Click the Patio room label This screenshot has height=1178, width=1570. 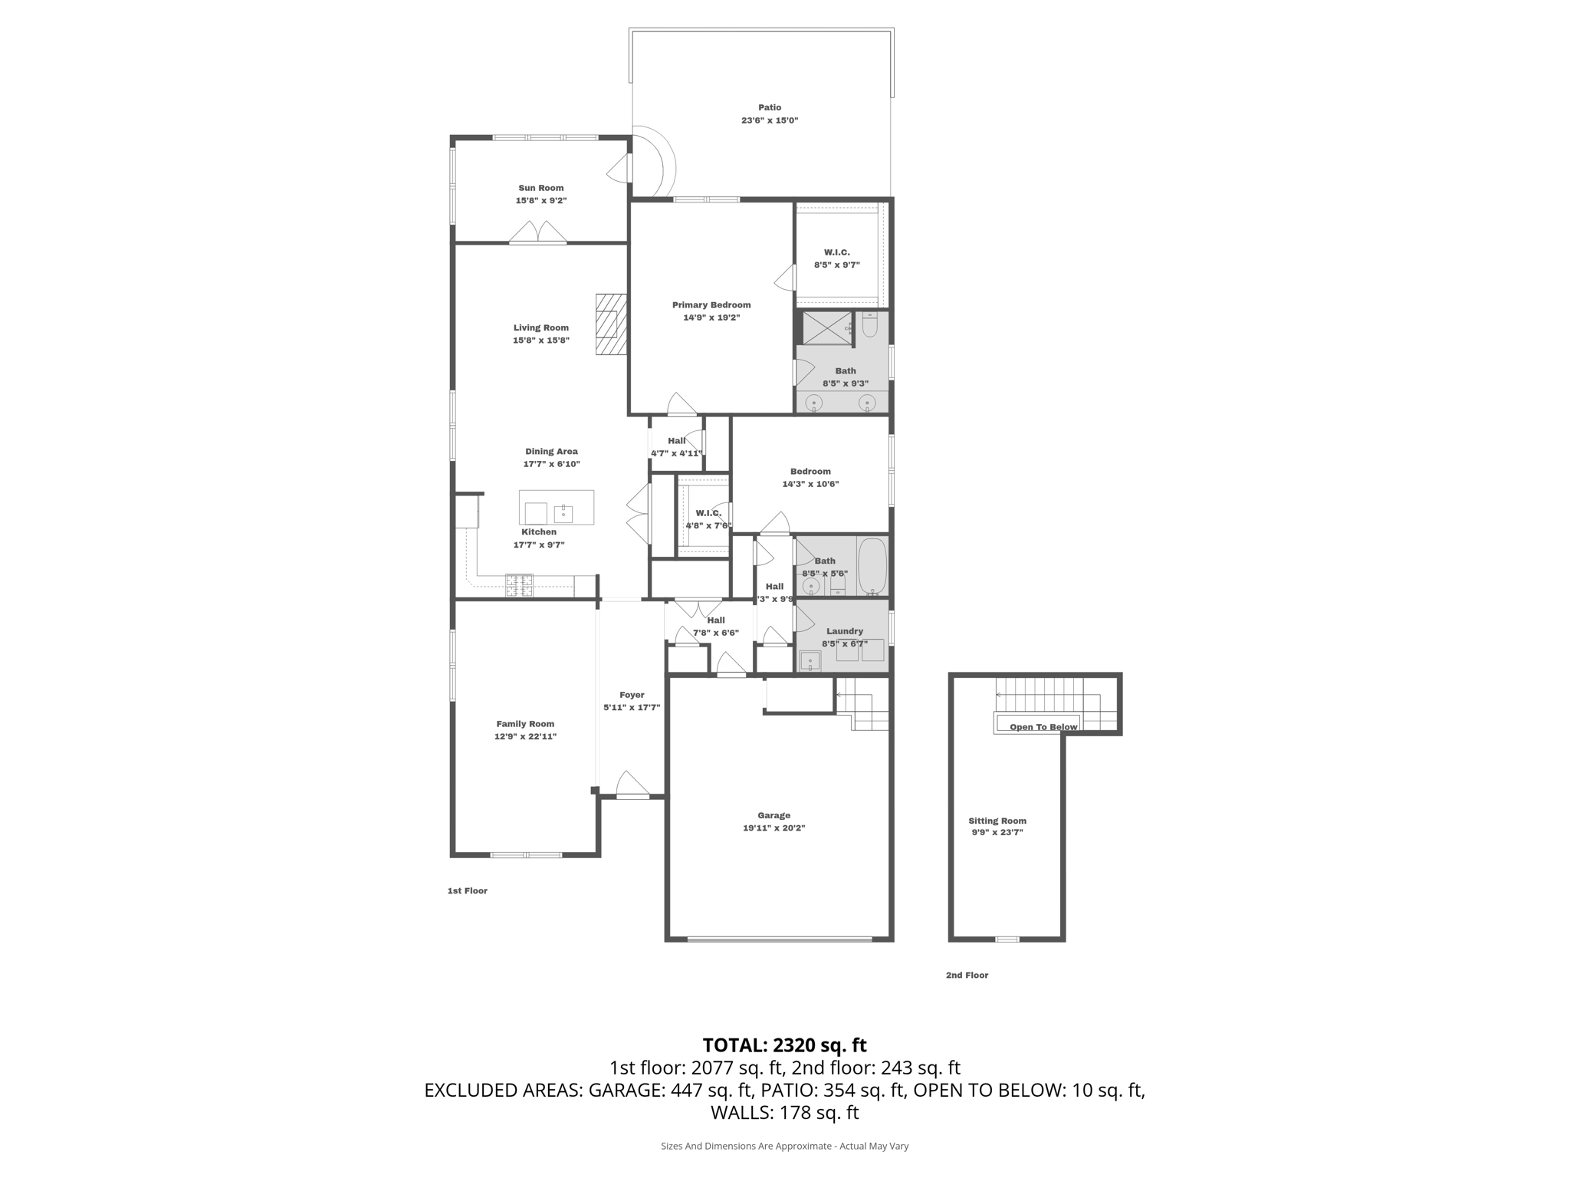[x=770, y=108]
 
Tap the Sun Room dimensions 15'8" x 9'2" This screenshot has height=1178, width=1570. [x=540, y=201]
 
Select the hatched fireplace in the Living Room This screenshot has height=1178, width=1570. [x=611, y=324]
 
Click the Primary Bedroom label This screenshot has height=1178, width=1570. [x=711, y=305]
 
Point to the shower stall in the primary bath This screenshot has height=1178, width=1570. [x=827, y=328]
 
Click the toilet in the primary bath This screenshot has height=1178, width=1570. [x=869, y=327]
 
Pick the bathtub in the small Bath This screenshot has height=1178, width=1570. [x=872, y=565]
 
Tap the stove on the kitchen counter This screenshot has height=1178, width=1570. [x=519, y=586]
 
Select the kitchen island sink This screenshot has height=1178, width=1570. [x=563, y=512]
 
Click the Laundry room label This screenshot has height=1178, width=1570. [x=844, y=632]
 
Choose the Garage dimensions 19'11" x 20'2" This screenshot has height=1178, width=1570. [x=774, y=828]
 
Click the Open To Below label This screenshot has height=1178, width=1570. [x=1043, y=727]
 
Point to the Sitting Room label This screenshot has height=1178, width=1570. [x=997, y=821]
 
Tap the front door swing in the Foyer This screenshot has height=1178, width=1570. [x=632, y=785]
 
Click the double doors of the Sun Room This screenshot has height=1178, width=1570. [x=538, y=233]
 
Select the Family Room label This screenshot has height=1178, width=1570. [x=524, y=724]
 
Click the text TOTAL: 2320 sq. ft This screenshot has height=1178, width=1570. [x=784, y=1045]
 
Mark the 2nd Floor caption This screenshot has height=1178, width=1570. [x=967, y=976]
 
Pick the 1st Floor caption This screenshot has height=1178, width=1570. [x=467, y=891]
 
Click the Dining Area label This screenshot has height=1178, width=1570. [x=551, y=452]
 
